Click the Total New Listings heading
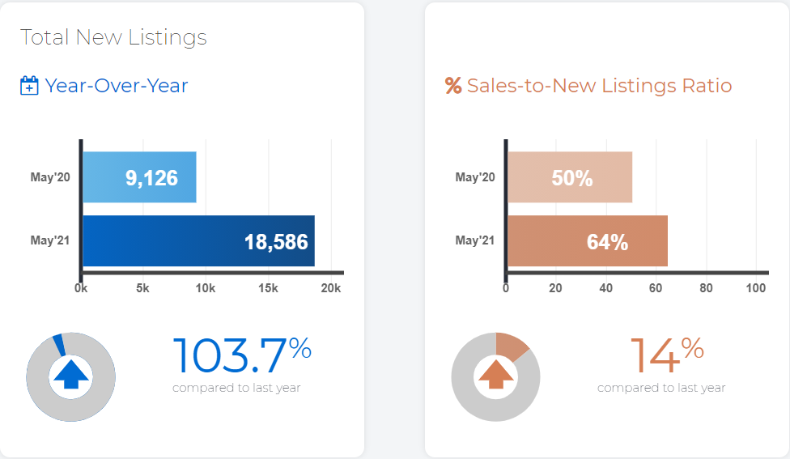(x=113, y=38)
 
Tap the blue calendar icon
(x=29, y=85)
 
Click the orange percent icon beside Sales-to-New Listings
(x=453, y=86)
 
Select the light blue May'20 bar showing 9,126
(x=139, y=177)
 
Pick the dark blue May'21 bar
(x=199, y=241)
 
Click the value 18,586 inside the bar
(x=276, y=242)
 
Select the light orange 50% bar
(x=570, y=177)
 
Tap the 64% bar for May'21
(x=588, y=241)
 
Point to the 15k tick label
(x=268, y=288)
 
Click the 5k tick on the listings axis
(x=142, y=288)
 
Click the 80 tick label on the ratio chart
(x=706, y=288)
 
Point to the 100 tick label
(x=756, y=288)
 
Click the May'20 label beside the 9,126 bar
(x=50, y=177)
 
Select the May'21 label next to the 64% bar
(x=475, y=240)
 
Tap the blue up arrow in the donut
(x=71, y=374)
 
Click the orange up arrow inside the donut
(x=496, y=374)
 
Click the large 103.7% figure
(x=242, y=355)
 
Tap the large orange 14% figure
(x=667, y=355)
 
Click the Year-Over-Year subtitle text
(x=117, y=86)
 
